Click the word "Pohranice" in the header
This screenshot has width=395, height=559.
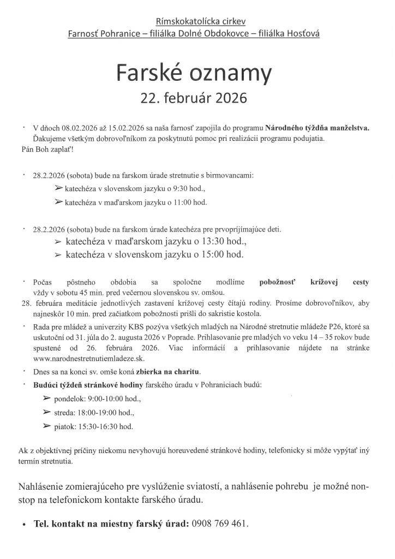122,34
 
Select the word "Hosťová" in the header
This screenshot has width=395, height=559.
303,34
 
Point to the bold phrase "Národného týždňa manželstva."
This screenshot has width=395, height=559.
317,128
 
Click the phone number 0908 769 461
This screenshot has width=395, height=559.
219,523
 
